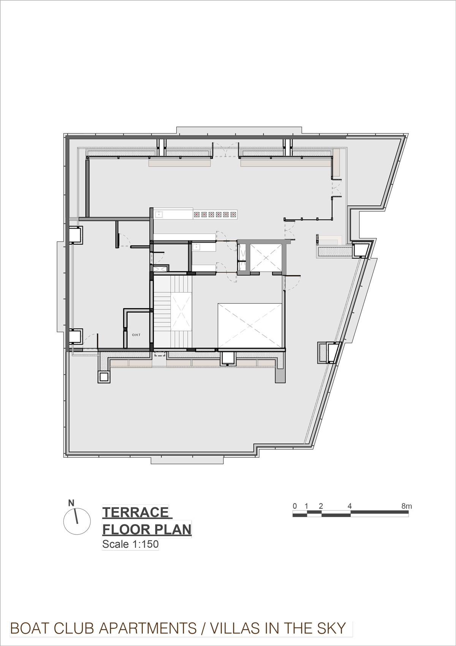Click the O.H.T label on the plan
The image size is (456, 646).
pyautogui.click(x=136, y=335)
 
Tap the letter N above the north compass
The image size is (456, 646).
pyautogui.click(x=71, y=503)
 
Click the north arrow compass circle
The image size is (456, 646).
pyautogui.click(x=77, y=522)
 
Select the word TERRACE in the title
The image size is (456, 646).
pyautogui.click(x=135, y=512)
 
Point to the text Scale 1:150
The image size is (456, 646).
pyautogui.click(x=130, y=544)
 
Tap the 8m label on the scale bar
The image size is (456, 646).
pyautogui.click(x=407, y=506)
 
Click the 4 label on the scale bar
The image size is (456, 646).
pyautogui.click(x=350, y=506)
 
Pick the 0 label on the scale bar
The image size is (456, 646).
pyautogui.click(x=294, y=506)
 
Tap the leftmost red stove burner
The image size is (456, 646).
pyautogui.click(x=197, y=215)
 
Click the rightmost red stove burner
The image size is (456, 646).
pyautogui.click(x=233, y=215)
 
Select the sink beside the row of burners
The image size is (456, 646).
pyautogui.click(x=159, y=215)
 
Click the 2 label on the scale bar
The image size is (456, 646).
pyautogui.click(x=321, y=506)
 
